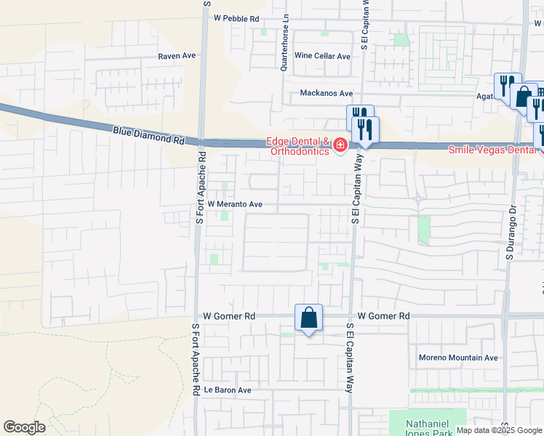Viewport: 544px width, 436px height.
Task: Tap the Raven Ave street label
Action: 177,55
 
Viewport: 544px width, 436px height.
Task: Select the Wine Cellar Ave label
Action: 322,56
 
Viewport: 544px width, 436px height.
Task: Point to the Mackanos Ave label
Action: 327,94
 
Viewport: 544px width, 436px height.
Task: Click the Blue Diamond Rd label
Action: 148,135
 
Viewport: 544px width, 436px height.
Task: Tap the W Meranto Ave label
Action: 235,205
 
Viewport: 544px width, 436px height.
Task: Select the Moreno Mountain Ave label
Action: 458,358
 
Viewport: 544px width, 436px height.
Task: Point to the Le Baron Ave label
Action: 227,390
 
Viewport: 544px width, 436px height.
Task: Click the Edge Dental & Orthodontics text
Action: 300,147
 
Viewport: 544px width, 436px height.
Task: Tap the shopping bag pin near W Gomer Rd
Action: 308,318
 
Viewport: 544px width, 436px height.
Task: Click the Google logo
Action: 24,427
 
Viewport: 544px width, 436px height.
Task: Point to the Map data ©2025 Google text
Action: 498,430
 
